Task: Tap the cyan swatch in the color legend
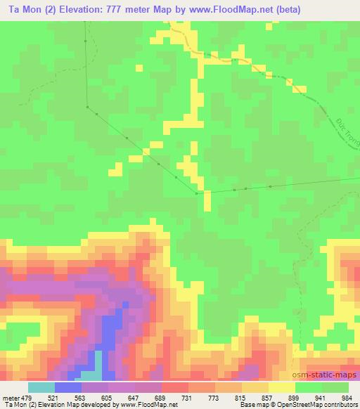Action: [x=41, y=387]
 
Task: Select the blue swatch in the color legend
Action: [x=68, y=387]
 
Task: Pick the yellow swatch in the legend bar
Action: [x=282, y=387]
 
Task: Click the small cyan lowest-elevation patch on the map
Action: [x=98, y=363]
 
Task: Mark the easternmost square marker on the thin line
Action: [x=270, y=186]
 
